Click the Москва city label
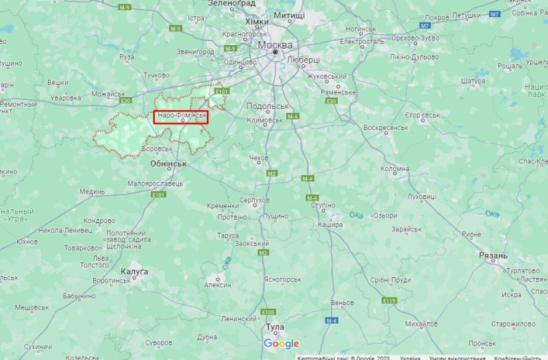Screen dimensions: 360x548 [275, 44]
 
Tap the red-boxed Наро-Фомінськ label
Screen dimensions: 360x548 [181, 116]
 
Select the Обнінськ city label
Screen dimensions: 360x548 [168, 164]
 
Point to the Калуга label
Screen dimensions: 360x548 [134, 272]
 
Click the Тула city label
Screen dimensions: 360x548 [274, 327]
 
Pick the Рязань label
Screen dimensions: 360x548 [493, 255]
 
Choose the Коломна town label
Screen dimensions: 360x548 [395, 168]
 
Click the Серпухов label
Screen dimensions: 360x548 [255, 201]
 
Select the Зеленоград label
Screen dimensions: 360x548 [232, 3]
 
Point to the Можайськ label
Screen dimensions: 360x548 [108, 94]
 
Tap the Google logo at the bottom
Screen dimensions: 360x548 [282, 344]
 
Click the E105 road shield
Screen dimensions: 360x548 [268, 311]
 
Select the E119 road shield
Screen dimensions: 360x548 [390, 300]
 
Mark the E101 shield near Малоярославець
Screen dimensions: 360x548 [159, 194]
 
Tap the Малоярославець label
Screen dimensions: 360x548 [155, 183]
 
